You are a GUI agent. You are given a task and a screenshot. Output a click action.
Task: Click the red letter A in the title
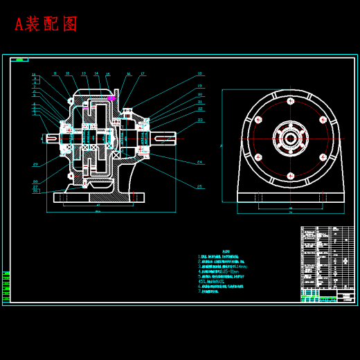coord(20,24)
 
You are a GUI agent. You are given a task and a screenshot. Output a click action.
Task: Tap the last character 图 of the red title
coord(70,24)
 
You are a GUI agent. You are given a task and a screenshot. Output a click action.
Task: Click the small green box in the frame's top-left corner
coord(19,60)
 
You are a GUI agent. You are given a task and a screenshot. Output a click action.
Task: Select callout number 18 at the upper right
coord(199,73)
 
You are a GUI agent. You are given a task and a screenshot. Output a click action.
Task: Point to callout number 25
coord(199,186)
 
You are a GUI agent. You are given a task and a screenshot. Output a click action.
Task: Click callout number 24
coord(199,162)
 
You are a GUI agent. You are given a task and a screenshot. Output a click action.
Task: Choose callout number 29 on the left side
coord(35,165)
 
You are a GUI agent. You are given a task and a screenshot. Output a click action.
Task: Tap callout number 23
coord(200,120)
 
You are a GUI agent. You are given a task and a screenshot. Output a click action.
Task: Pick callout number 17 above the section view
coord(143,73)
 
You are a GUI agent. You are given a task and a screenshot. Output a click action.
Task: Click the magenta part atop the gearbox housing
coord(111,98)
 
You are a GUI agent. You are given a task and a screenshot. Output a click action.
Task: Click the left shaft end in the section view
coord(51,138)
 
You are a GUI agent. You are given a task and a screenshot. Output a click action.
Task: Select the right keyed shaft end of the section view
coord(166,139)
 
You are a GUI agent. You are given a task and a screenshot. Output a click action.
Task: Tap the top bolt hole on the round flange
coord(291,101)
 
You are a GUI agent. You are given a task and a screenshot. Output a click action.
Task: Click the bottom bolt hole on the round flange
coord(291,176)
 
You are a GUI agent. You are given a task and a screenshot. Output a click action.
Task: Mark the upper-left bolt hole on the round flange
coord(258,120)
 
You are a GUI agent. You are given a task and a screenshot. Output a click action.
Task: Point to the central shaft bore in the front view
coord(291,138)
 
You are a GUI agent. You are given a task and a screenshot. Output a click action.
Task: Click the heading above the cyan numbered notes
coord(226,252)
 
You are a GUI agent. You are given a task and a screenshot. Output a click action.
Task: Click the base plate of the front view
coord(291,197)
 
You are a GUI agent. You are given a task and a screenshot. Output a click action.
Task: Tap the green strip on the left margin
coord(6,287)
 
